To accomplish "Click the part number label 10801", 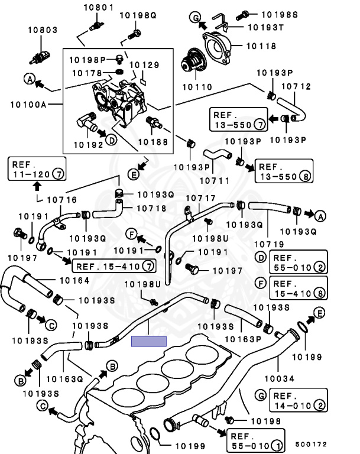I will [97, 8].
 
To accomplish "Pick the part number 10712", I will [296, 86].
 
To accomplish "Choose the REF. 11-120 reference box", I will [35, 168].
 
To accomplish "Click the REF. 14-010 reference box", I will [299, 400].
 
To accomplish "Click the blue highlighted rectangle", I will [150, 341].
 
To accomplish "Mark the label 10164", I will [74, 280].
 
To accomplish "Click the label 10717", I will [201, 198].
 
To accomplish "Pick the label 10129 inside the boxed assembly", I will [144, 64].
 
